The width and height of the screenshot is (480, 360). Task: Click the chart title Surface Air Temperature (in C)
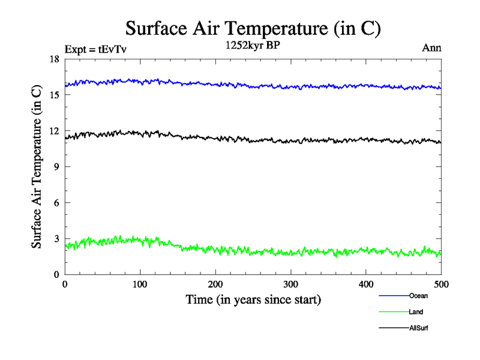(x=253, y=28)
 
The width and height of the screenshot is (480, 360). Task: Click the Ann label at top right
(x=432, y=48)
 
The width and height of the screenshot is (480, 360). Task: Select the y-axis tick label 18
(x=54, y=59)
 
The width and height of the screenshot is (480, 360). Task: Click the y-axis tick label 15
(x=54, y=95)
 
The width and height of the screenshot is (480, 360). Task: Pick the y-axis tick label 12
(x=54, y=131)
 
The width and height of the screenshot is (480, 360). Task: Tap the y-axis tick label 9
(x=56, y=167)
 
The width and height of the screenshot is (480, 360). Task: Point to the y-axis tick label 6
(x=56, y=203)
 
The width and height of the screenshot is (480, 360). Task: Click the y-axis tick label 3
(x=56, y=239)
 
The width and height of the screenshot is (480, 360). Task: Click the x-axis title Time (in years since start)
(x=253, y=299)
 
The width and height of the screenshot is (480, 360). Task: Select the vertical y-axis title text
(x=37, y=167)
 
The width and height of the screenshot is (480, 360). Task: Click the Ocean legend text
(x=418, y=296)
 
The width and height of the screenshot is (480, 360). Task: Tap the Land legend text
(x=416, y=312)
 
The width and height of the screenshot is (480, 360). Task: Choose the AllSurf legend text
(x=419, y=328)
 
